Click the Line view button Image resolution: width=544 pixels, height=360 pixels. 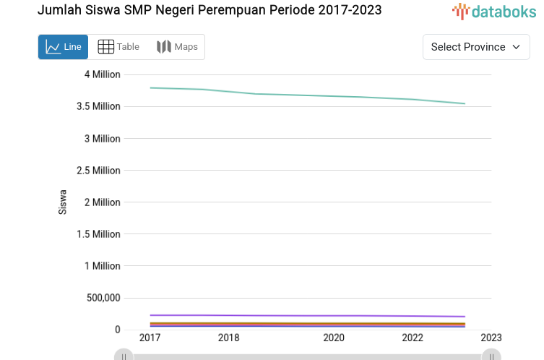tap(63, 47)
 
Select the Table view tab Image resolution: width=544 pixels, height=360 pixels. tap(118, 47)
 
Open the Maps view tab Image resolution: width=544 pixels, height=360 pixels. tap(177, 47)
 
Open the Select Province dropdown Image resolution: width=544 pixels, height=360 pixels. tap(476, 47)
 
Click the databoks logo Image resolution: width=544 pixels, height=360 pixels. tap(494, 11)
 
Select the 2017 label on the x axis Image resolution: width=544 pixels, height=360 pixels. tap(150, 338)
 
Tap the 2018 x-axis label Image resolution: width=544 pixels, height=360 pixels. tap(229, 338)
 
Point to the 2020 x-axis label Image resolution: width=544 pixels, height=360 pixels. tap(334, 338)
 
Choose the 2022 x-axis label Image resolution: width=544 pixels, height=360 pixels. tap(413, 338)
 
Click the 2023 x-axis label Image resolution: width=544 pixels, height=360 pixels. tap(491, 338)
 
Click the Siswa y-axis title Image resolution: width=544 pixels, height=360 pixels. tap(63, 202)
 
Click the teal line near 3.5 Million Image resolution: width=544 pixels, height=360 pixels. tap(325, 95)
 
